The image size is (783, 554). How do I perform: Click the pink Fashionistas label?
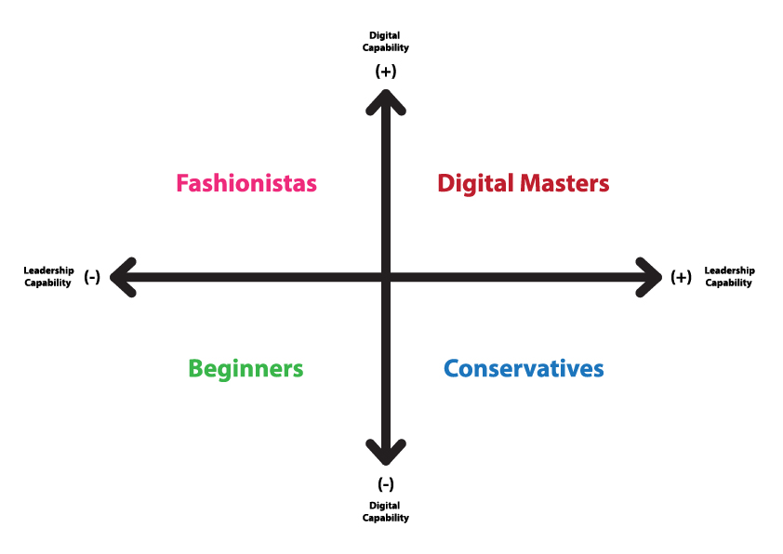point(246,183)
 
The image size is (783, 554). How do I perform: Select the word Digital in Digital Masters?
point(475,184)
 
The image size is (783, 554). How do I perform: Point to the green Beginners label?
point(246,369)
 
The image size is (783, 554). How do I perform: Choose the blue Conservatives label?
point(524,369)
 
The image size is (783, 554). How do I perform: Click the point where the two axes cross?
point(386,277)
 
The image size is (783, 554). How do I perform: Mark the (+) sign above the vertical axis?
point(386,72)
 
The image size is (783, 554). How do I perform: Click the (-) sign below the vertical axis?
point(386,484)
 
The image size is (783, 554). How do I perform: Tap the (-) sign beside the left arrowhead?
point(92,276)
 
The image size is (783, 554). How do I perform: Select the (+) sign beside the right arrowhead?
point(681,276)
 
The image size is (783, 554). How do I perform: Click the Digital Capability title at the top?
point(386,42)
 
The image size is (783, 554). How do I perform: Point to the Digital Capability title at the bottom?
point(386,512)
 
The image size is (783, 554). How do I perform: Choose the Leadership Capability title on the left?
point(48,276)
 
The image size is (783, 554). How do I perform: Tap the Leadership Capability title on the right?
point(730,276)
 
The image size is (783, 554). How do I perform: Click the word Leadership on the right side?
point(730,270)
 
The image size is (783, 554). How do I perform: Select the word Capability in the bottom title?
point(386,518)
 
